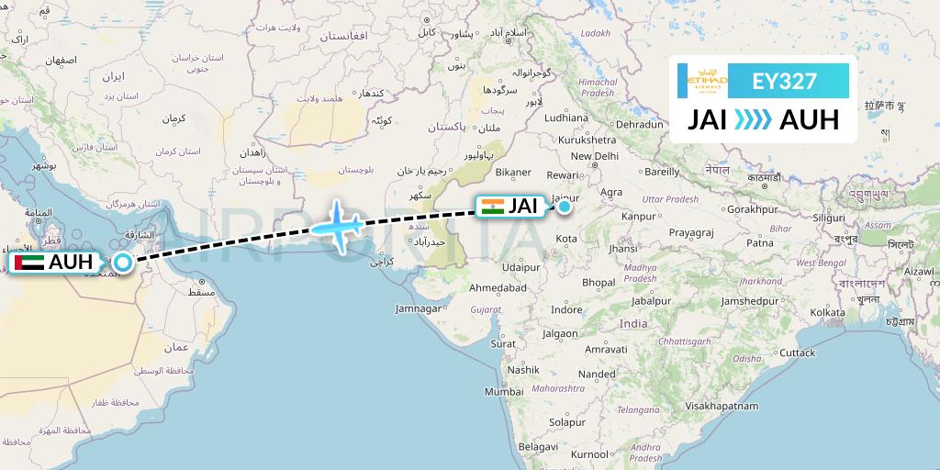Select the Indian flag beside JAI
(493, 207)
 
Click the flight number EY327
(784, 81)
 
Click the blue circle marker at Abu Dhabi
(122, 263)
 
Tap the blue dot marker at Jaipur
(565, 207)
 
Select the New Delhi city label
(594, 156)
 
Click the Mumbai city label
(503, 391)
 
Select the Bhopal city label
(599, 282)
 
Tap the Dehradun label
(639, 124)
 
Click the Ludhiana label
(565, 117)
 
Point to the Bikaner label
(513, 172)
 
